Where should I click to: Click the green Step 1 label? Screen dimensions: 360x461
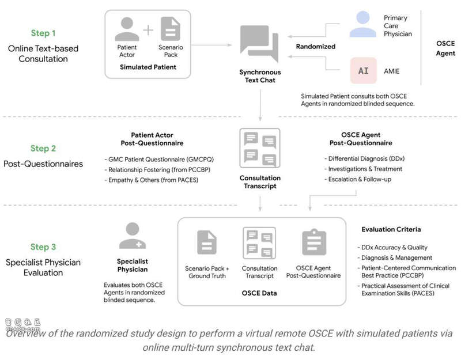(x=44, y=33)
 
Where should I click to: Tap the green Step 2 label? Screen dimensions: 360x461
(x=44, y=149)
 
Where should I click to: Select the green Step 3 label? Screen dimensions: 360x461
(x=44, y=247)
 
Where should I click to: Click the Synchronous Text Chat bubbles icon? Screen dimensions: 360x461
(x=260, y=44)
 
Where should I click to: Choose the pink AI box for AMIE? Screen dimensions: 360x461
(x=363, y=71)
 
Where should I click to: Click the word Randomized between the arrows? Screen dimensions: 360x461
(x=315, y=47)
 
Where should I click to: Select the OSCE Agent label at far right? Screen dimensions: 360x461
(x=445, y=48)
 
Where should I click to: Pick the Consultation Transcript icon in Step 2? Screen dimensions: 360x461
(x=260, y=149)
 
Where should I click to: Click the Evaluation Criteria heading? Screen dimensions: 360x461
(x=391, y=229)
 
